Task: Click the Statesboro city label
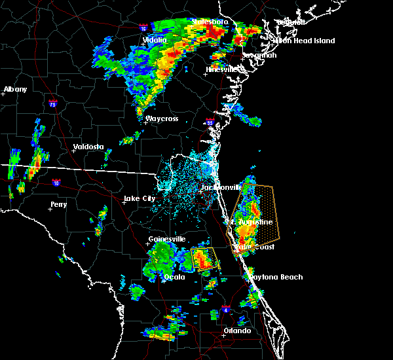(x=210, y=22)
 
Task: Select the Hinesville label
(x=223, y=69)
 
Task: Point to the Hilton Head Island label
(x=304, y=41)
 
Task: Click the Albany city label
(x=16, y=89)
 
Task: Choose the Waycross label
(x=162, y=118)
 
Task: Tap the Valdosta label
(x=88, y=147)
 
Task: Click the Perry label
(x=58, y=204)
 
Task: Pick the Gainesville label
(x=168, y=239)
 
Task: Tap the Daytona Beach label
(x=274, y=277)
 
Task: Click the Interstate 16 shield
(x=143, y=28)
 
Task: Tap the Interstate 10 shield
(x=57, y=183)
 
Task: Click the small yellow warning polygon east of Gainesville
(x=204, y=259)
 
